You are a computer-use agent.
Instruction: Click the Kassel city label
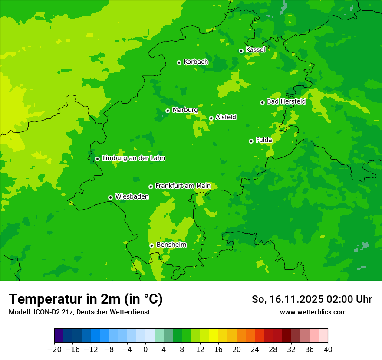(255, 50)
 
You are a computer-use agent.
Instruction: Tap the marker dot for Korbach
(179, 62)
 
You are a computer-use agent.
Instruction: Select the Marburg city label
(185, 110)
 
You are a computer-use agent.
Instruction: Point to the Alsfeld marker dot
(211, 118)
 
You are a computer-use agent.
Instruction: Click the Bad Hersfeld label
(286, 101)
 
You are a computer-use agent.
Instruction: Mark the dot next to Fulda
(251, 141)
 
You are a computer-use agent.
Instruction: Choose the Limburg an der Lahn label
(133, 158)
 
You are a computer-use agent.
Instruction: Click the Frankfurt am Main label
(183, 186)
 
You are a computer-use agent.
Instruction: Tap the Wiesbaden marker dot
(110, 197)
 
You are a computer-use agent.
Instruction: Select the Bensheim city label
(171, 245)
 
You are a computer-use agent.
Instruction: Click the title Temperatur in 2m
(86, 299)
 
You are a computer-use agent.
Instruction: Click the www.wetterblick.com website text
(313, 312)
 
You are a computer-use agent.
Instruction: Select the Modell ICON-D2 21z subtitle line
(79, 312)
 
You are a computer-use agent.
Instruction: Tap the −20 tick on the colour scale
(55, 350)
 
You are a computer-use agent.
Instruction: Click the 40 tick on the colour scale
(328, 350)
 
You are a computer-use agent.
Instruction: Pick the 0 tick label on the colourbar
(145, 350)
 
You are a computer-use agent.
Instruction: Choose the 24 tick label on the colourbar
(255, 350)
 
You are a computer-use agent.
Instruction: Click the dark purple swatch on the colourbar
(59, 336)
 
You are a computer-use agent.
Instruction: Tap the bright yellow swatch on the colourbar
(214, 336)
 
